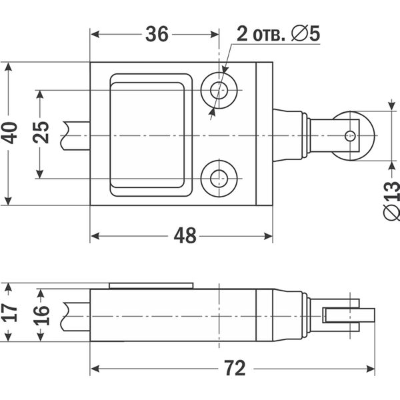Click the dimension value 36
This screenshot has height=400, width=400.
157,34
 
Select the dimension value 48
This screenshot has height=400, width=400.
185,236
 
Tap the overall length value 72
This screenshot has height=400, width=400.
235,368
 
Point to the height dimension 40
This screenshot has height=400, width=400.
9,133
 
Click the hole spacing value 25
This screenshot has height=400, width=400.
41,133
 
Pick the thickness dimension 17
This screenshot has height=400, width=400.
9,312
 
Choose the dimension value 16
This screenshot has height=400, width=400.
41,315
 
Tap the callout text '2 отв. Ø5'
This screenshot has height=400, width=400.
278,34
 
